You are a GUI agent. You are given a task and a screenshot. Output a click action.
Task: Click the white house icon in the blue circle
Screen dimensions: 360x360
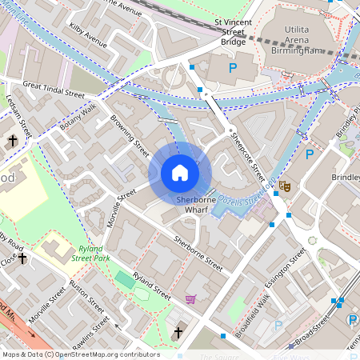click(x=180, y=173)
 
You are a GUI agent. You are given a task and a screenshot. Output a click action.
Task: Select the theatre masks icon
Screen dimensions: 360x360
click(x=284, y=186)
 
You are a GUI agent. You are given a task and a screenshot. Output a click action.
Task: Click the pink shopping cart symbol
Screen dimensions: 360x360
click(x=191, y=299)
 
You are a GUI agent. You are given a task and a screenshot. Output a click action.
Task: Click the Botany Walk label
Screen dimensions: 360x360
click(x=78, y=116)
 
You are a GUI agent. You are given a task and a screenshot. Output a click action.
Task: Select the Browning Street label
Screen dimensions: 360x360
click(x=130, y=137)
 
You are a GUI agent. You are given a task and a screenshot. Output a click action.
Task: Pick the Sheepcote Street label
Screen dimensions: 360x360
click(x=247, y=156)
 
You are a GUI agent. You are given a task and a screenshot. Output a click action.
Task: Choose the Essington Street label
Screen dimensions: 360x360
click(x=289, y=267)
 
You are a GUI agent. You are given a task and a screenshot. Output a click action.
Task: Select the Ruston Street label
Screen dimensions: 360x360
click(x=86, y=297)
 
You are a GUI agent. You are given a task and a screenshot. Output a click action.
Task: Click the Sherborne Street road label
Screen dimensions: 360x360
click(x=198, y=249)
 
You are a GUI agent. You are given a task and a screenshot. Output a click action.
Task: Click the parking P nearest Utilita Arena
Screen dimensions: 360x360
click(x=233, y=68)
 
